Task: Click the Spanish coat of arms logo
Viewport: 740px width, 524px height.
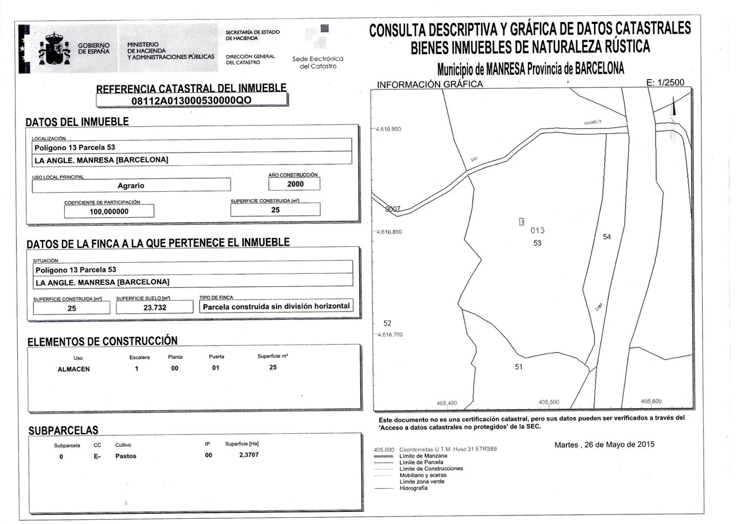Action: point(54,49)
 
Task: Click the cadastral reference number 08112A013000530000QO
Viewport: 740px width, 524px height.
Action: point(191,101)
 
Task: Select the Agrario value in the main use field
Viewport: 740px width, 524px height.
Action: point(131,185)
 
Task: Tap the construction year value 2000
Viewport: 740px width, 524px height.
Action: point(295,184)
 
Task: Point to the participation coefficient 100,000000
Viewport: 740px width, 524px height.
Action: point(109,211)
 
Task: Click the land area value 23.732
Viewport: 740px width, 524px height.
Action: point(155,307)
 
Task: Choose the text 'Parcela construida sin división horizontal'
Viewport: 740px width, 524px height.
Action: point(276,306)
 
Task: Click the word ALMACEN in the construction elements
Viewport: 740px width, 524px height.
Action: point(73,369)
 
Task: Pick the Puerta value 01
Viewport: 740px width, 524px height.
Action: point(215,368)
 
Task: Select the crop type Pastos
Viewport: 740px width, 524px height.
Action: point(126,456)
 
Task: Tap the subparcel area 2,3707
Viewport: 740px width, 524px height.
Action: point(249,455)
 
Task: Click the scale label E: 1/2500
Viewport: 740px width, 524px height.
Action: point(665,82)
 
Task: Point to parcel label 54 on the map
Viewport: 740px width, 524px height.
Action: point(607,237)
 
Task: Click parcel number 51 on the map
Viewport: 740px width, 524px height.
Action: point(519,367)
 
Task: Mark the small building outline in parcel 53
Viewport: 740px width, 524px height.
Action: point(521,221)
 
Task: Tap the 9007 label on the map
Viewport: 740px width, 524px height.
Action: point(393,209)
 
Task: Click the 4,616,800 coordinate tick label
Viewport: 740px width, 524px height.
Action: point(389,232)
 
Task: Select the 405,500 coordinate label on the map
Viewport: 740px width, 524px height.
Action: point(549,402)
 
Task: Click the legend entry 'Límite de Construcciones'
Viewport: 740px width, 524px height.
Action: point(431,469)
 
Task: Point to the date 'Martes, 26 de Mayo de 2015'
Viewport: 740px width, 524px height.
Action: point(604,445)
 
